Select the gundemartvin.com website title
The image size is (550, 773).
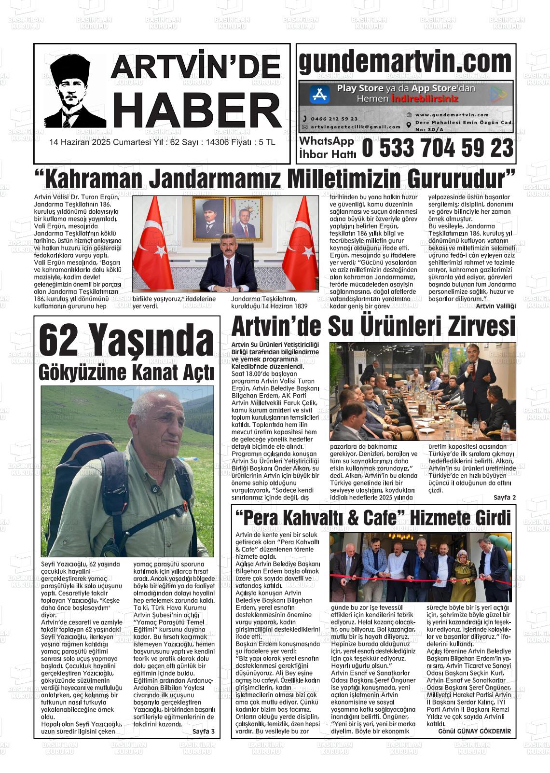click(405, 63)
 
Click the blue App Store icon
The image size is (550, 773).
click(319, 94)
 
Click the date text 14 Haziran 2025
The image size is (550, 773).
click(80, 143)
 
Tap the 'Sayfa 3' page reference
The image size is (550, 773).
click(203, 732)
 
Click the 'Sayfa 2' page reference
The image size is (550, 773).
click(505, 497)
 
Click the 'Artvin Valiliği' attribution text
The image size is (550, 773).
click(495, 306)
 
